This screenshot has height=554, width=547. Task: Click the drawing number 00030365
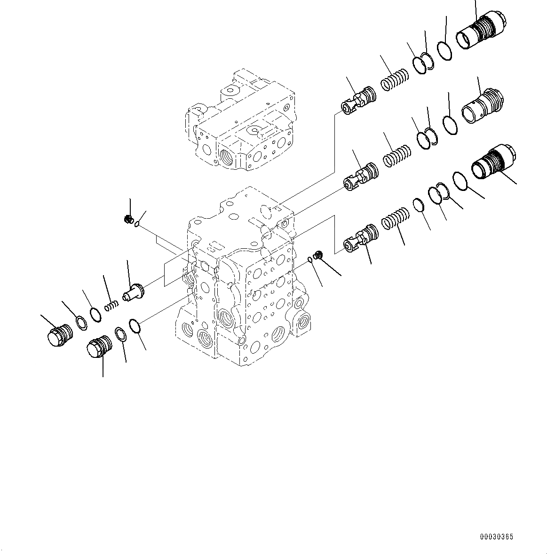point(496,537)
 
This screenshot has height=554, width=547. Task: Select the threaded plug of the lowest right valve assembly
point(494,163)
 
